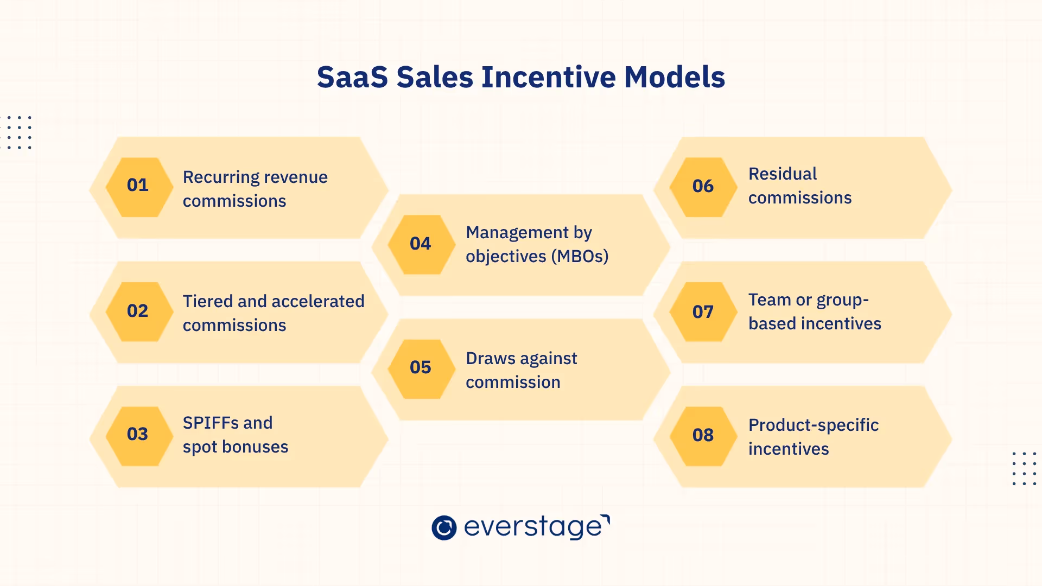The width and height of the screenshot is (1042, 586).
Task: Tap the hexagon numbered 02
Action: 139,311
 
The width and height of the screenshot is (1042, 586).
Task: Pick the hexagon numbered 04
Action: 422,244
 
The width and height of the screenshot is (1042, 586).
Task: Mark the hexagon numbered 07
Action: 704,312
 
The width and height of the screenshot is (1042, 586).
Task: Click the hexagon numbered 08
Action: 704,436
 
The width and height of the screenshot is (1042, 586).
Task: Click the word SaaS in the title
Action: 352,77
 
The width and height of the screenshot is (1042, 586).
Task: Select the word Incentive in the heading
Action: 548,77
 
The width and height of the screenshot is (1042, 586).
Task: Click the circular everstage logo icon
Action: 444,527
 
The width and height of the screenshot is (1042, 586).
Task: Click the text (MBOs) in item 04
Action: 580,256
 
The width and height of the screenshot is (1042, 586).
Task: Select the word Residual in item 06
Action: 782,174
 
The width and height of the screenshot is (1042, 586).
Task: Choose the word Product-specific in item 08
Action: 813,425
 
